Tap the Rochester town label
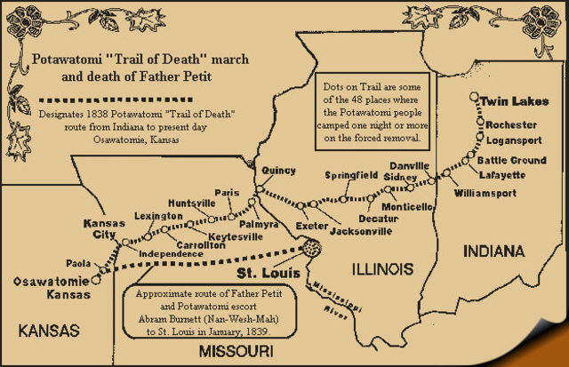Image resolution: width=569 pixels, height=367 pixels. [x=511, y=124]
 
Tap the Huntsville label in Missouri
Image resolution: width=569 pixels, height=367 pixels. [x=192, y=203]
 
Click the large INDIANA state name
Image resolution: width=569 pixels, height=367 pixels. [x=493, y=251]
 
